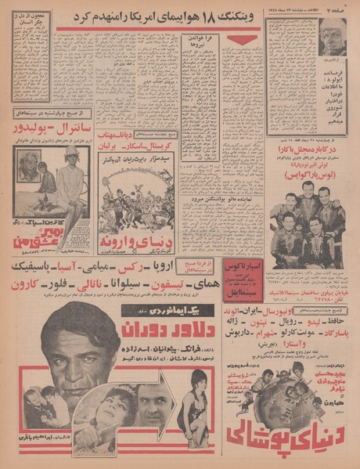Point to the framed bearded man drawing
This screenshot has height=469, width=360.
click(x=31, y=166)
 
